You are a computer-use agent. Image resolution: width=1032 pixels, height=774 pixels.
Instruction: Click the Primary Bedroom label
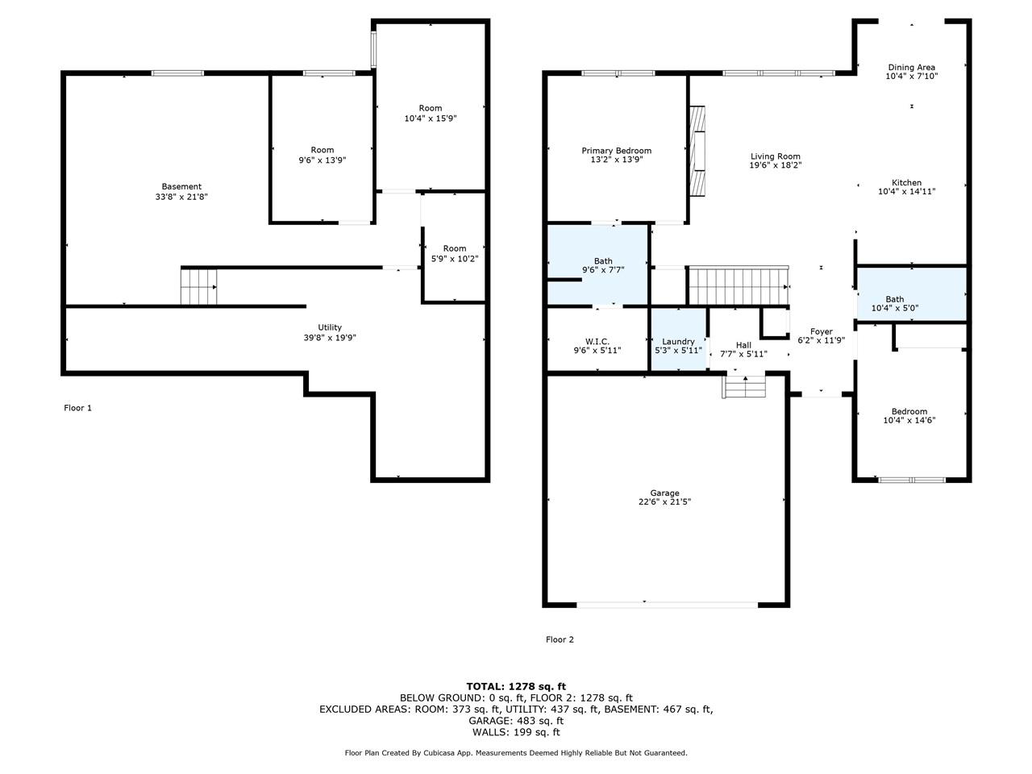coord(616,151)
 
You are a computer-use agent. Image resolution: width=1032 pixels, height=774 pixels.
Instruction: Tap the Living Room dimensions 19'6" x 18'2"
coord(775,165)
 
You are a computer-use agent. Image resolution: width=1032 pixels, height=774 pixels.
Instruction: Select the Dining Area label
coord(911,68)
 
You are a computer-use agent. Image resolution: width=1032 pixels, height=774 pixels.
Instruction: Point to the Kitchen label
coord(906,183)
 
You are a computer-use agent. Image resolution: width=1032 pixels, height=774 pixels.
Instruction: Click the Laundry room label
coord(678,342)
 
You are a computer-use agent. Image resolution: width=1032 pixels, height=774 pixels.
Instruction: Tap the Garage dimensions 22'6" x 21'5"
coord(664,501)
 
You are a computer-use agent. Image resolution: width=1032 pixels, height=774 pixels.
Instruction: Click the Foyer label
coord(821,331)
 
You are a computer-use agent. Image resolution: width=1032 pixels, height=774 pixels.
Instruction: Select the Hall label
coord(743,345)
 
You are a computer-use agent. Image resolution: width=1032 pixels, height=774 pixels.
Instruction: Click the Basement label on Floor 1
coord(181,186)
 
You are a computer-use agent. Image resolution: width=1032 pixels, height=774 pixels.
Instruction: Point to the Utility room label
coord(329,327)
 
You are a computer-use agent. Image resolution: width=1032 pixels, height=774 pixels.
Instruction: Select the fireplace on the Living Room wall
coord(697,151)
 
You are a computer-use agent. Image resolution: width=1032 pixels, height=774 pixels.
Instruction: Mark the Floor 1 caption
coord(78,408)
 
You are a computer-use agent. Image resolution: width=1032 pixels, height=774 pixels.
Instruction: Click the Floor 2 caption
coord(560,639)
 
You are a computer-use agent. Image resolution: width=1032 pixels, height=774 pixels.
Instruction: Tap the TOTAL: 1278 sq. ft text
coord(516,686)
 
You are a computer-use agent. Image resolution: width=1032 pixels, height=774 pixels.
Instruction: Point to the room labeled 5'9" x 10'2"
coord(454,253)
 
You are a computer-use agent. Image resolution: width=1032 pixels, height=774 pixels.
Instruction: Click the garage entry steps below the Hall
coord(744,388)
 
